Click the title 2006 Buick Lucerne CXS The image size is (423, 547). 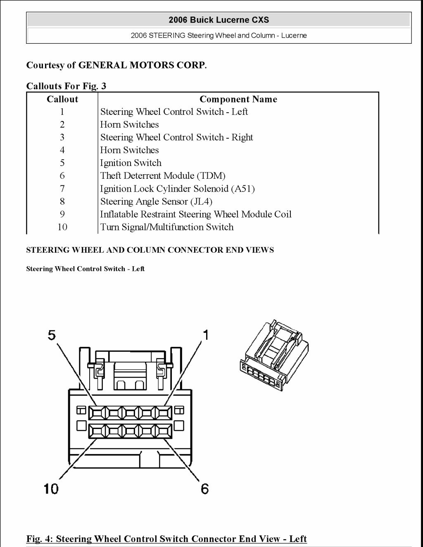219,20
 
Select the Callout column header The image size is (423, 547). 62,99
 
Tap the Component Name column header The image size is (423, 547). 238,99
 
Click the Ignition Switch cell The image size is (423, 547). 131,163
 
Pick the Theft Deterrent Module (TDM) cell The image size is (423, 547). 163,176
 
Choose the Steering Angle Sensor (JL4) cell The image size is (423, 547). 156,201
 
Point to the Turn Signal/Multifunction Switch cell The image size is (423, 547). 167,227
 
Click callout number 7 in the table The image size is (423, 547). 62,189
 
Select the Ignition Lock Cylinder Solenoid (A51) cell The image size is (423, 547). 177,189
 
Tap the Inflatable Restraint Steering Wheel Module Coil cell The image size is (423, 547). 196,214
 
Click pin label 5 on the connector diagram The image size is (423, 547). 52,335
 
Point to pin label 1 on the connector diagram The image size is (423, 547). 205,335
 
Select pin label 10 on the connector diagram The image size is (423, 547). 51,489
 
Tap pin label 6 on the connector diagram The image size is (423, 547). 205,489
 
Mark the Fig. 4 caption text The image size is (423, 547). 166,539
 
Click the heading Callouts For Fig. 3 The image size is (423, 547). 66,86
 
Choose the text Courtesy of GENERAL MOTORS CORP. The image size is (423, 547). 116,65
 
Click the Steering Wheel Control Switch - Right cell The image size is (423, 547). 176,137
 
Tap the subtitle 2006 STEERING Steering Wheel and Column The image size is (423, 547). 219,36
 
